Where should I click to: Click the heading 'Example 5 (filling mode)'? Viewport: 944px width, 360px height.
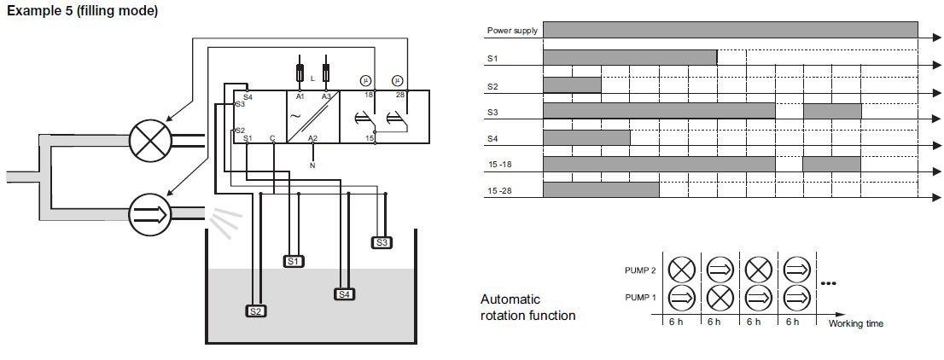[82, 10]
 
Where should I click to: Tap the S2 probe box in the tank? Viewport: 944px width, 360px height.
[256, 311]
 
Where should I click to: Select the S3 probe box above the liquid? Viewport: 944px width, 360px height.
[383, 242]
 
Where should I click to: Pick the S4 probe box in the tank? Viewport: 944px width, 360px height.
[345, 294]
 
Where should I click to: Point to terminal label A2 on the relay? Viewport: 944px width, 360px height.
[312, 138]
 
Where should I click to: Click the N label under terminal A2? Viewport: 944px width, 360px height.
[312, 165]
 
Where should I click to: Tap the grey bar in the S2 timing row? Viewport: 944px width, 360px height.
[572, 85]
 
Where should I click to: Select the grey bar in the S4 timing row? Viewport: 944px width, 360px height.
[586, 137]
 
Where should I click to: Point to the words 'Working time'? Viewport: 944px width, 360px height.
[855, 324]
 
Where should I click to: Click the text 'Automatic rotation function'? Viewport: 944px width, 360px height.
[527, 308]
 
